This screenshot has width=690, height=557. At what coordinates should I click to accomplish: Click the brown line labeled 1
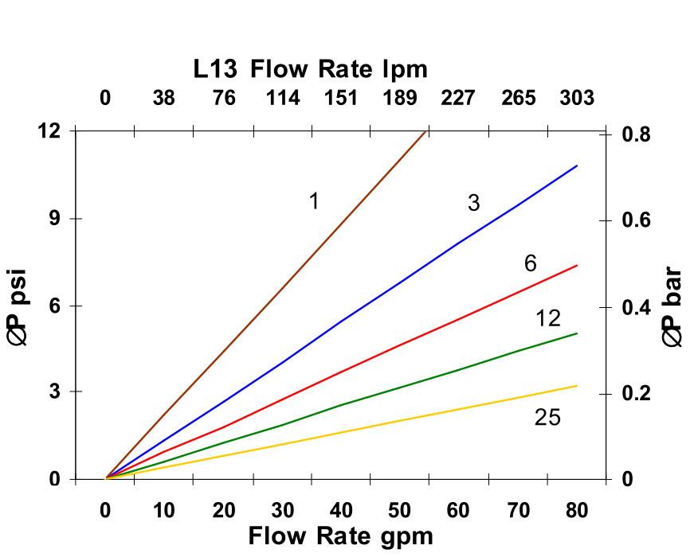263,306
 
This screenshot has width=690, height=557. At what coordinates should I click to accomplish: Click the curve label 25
547,417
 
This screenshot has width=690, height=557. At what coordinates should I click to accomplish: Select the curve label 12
547,319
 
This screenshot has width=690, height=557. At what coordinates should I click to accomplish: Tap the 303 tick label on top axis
576,98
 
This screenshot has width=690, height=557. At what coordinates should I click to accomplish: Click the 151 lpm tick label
340,98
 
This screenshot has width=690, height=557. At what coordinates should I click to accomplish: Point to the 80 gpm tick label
576,510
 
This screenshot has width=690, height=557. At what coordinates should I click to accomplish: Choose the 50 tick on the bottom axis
399,510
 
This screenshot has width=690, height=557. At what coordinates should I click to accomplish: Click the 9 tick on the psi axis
55,219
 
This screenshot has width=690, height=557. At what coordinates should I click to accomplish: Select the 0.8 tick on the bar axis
635,134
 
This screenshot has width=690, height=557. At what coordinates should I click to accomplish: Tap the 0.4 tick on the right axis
635,308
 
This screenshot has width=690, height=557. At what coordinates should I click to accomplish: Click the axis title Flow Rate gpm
340,536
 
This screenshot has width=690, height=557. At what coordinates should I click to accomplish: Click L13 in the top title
215,69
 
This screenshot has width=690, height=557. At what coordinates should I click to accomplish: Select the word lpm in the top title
403,70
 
